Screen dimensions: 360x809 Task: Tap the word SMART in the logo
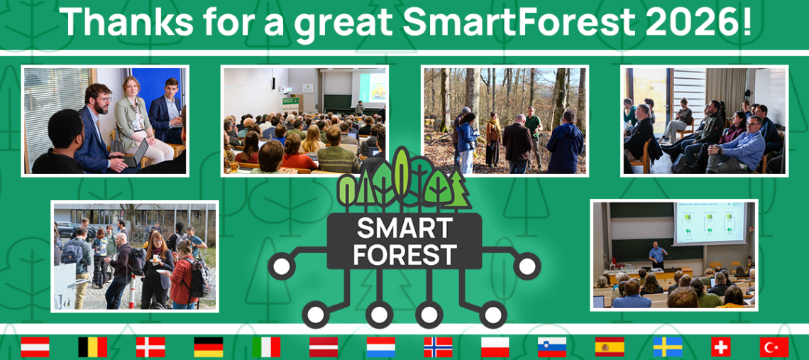coord(404,229)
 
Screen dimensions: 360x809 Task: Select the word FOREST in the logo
coord(404,253)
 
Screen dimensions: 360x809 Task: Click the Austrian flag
coord(35,347)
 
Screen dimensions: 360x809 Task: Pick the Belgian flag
coord(92,347)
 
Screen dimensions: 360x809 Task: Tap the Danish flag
coord(150,347)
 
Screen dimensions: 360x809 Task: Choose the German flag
coord(208,347)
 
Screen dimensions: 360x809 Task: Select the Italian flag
coord(265,347)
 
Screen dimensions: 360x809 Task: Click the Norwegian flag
coord(438,347)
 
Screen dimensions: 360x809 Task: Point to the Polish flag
coord(495,347)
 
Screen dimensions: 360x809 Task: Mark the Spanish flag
coord(610,347)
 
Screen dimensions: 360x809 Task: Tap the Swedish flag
coord(667,347)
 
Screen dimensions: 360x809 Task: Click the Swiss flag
coord(720,347)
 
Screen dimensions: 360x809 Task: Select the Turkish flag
coord(774,347)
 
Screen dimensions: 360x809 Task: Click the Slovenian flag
coord(551,347)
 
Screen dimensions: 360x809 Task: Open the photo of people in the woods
coord(505,121)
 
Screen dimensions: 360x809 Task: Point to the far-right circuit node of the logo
coord(527,266)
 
